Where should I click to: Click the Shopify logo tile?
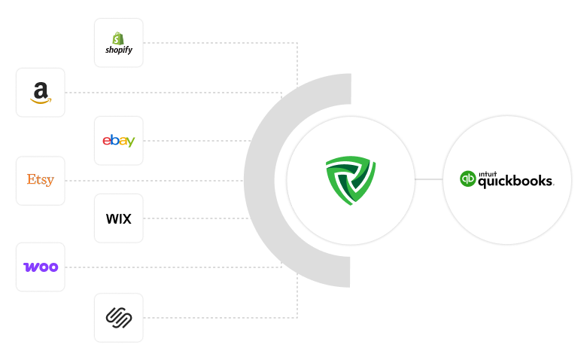click(119, 43)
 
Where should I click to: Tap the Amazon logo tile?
click(41, 93)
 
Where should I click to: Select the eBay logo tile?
click(119, 141)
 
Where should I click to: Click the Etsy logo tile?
click(41, 181)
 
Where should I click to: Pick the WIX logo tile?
click(119, 218)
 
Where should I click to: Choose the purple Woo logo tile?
click(41, 267)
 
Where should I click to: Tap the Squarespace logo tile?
click(119, 317)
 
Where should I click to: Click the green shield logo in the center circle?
click(350, 181)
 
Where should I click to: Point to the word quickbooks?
click(516, 182)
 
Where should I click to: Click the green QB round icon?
click(468, 179)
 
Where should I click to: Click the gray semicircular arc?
click(260, 181)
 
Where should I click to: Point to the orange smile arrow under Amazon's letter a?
click(41, 99)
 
